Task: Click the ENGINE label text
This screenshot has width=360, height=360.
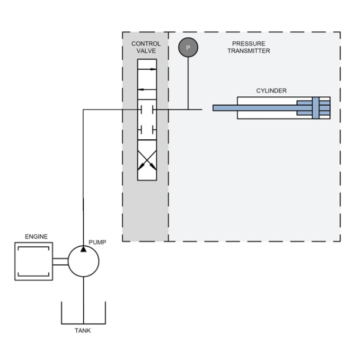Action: click(x=36, y=236)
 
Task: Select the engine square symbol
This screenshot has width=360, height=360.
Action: click(x=33, y=260)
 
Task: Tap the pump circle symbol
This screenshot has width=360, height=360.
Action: click(x=84, y=260)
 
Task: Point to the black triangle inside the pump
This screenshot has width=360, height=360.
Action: click(x=84, y=250)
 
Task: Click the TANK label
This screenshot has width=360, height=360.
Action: click(x=83, y=330)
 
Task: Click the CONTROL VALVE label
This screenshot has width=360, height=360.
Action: click(x=145, y=48)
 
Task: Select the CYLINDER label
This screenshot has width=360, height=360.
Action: click(x=271, y=90)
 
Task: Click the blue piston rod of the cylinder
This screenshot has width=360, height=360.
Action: click(x=254, y=107)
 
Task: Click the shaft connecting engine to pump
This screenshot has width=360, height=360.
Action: click(x=61, y=260)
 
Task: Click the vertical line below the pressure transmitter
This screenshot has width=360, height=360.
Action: click(x=188, y=83)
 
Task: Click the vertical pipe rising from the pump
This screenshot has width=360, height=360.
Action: click(x=84, y=177)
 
